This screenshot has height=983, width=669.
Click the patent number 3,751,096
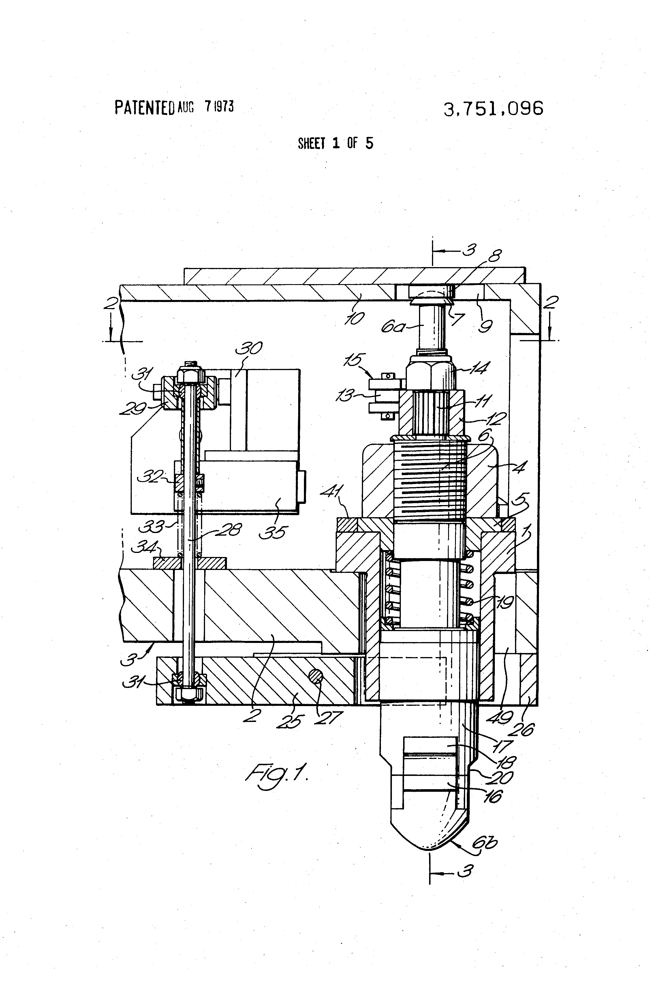point(493,109)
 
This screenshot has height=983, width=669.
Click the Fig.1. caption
point(277,773)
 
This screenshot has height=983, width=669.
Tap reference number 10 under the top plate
point(354,318)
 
